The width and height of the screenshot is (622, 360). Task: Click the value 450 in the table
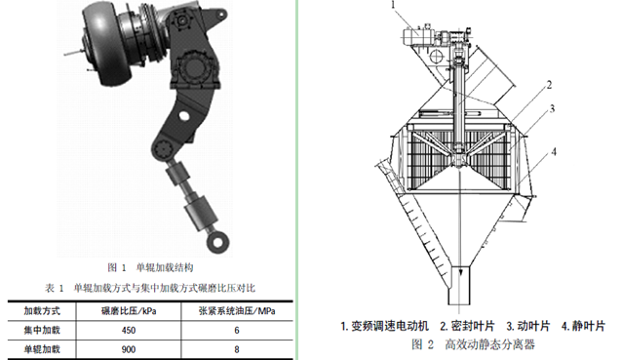[x=129, y=330]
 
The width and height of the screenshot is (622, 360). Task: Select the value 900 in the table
[x=129, y=349]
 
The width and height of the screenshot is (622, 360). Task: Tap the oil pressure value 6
[x=237, y=330]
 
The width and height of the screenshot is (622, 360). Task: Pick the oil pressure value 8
[x=237, y=349]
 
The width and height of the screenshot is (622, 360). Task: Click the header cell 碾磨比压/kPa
[x=129, y=311]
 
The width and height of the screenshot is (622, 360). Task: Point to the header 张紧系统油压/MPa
[x=237, y=311]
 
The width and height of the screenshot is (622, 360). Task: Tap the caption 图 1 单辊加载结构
[x=150, y=267]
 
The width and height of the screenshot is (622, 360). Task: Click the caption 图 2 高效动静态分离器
[x=473, y=344]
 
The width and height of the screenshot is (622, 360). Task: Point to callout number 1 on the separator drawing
[x=394, y=5]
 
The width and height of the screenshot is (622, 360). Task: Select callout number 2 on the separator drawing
[x=549, y=85]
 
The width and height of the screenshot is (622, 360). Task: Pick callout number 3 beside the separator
[x=552, y=108]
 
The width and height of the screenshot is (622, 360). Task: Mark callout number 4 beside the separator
[x=554, y=151]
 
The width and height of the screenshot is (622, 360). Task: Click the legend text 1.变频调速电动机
[x=384, y=326]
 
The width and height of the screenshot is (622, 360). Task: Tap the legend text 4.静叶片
[x=583, y=326]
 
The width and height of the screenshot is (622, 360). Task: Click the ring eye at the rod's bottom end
[x=218, y=241]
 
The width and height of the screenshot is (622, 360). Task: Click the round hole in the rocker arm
[x=183, y=116]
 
